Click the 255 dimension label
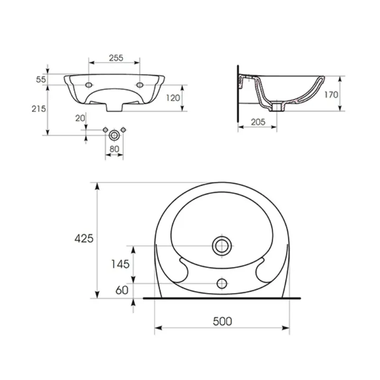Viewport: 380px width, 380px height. point(116,58)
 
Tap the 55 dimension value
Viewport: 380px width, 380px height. point(41,79)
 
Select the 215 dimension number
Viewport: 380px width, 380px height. point(39,109)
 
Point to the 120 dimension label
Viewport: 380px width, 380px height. point(173,98)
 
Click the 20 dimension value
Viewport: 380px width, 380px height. point(80,118)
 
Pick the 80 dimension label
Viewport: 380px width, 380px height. point(114,149)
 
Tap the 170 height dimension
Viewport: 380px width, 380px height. point(331,95)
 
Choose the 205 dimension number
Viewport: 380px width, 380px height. point(258,122)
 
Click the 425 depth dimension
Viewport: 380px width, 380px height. point(84,239)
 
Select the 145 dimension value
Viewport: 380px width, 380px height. point(120,264)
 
